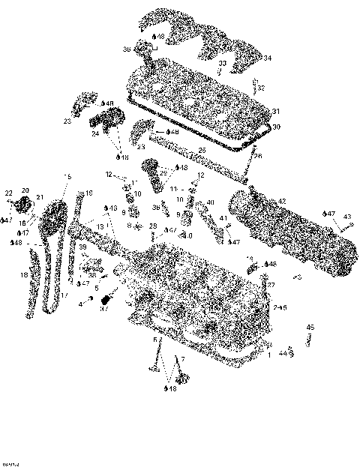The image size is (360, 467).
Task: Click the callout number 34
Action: click(x=268, y=58)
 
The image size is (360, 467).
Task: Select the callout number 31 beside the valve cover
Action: click(x=275, y=112)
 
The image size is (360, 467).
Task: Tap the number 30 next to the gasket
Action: click(x=275, y=127)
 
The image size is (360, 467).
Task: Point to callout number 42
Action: click(x=282, y=202)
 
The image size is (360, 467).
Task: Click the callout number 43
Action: click(x=346, y=217)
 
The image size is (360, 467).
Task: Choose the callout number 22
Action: click(x=9, y=193)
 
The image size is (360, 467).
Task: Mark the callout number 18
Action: click(x=23, y=276)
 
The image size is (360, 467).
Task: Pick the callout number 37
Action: click(x=104, y=307)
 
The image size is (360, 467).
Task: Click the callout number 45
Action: click(x=310, y=328)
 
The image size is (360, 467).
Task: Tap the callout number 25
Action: click(x=201, y=151)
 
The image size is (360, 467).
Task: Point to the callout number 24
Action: click(x=95, y=135)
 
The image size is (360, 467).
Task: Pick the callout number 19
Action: click(x=88, y=193)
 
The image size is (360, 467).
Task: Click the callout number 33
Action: click(x=222, y=64)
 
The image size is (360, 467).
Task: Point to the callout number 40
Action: click(x=210, y=202)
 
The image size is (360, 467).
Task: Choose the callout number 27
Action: click(x=271, y=286)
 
